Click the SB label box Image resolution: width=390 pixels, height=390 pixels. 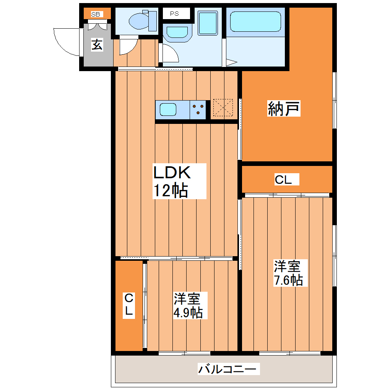(96, 15)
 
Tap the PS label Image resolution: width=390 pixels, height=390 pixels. (175, 14)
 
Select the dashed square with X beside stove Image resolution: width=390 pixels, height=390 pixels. (223, 109)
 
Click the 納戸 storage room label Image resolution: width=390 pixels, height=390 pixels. (283, 109)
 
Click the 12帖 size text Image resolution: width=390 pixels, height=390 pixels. (170, 190)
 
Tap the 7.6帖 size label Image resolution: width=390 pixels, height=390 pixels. (288, 280)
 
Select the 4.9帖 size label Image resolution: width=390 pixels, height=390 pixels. (188, 313)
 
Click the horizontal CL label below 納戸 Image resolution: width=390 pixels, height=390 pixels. (283, 180)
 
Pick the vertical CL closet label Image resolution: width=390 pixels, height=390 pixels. (129, 304)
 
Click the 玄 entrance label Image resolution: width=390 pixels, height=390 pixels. (97, 45)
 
